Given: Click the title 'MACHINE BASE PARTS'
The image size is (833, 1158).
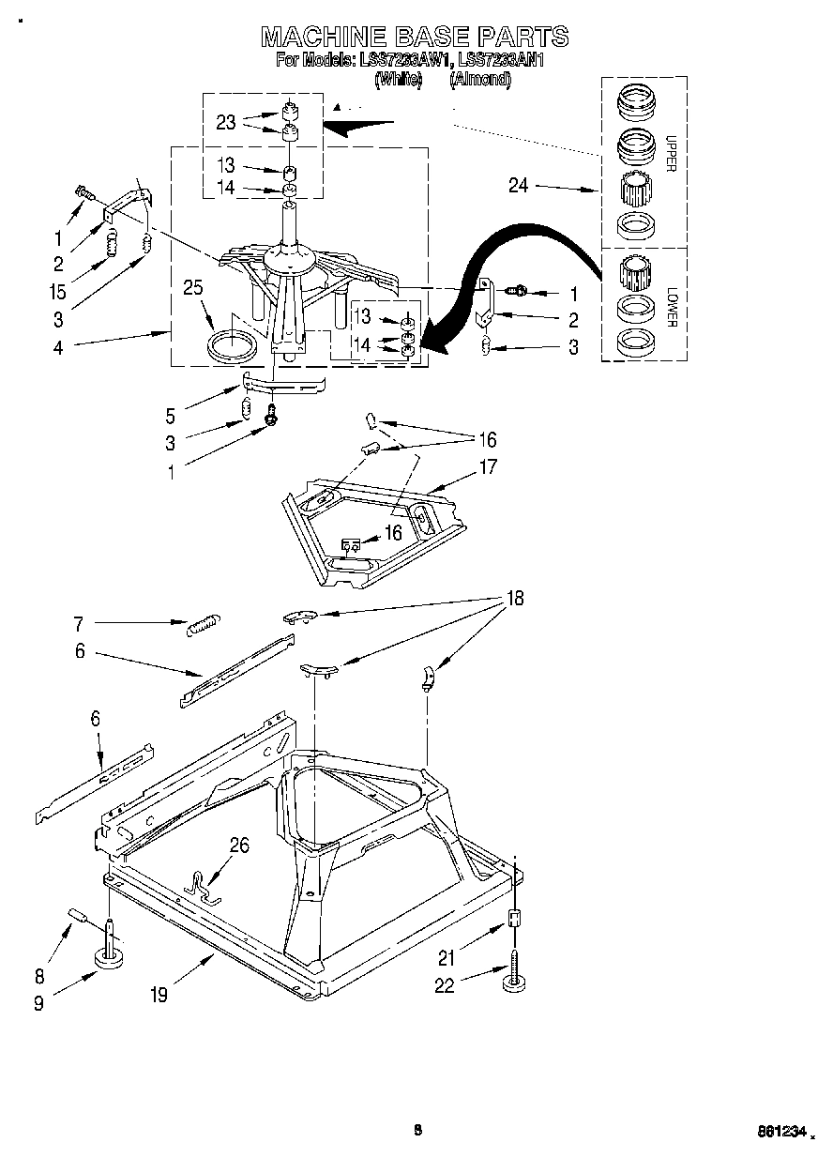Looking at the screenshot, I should (415, 37).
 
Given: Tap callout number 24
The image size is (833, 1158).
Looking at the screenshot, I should (518, 186).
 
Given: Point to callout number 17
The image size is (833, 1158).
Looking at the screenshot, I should (488, 466).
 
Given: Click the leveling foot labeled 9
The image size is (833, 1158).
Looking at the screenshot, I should (111, 957).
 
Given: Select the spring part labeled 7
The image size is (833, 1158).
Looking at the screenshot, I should (203, 625).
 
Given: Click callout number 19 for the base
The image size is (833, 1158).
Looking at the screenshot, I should (159, 995).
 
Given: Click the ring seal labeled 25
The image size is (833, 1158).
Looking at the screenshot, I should (230, 344).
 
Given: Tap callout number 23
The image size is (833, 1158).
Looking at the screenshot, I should (225, 121).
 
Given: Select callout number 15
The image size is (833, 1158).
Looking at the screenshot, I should (58, 292).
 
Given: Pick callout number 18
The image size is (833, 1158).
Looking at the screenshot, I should (514, 598).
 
